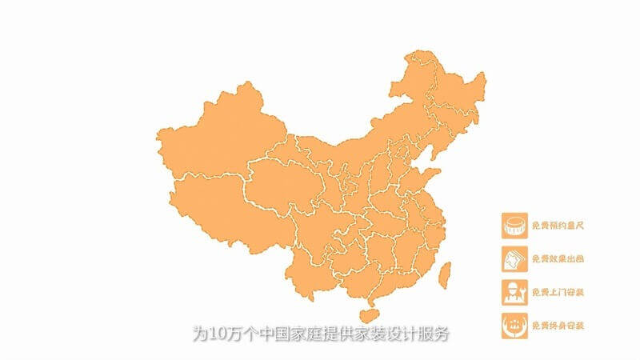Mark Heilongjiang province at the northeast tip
448,88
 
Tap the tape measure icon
514,225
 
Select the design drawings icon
514,258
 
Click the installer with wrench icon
514,291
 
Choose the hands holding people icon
514,325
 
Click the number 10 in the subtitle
216,332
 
